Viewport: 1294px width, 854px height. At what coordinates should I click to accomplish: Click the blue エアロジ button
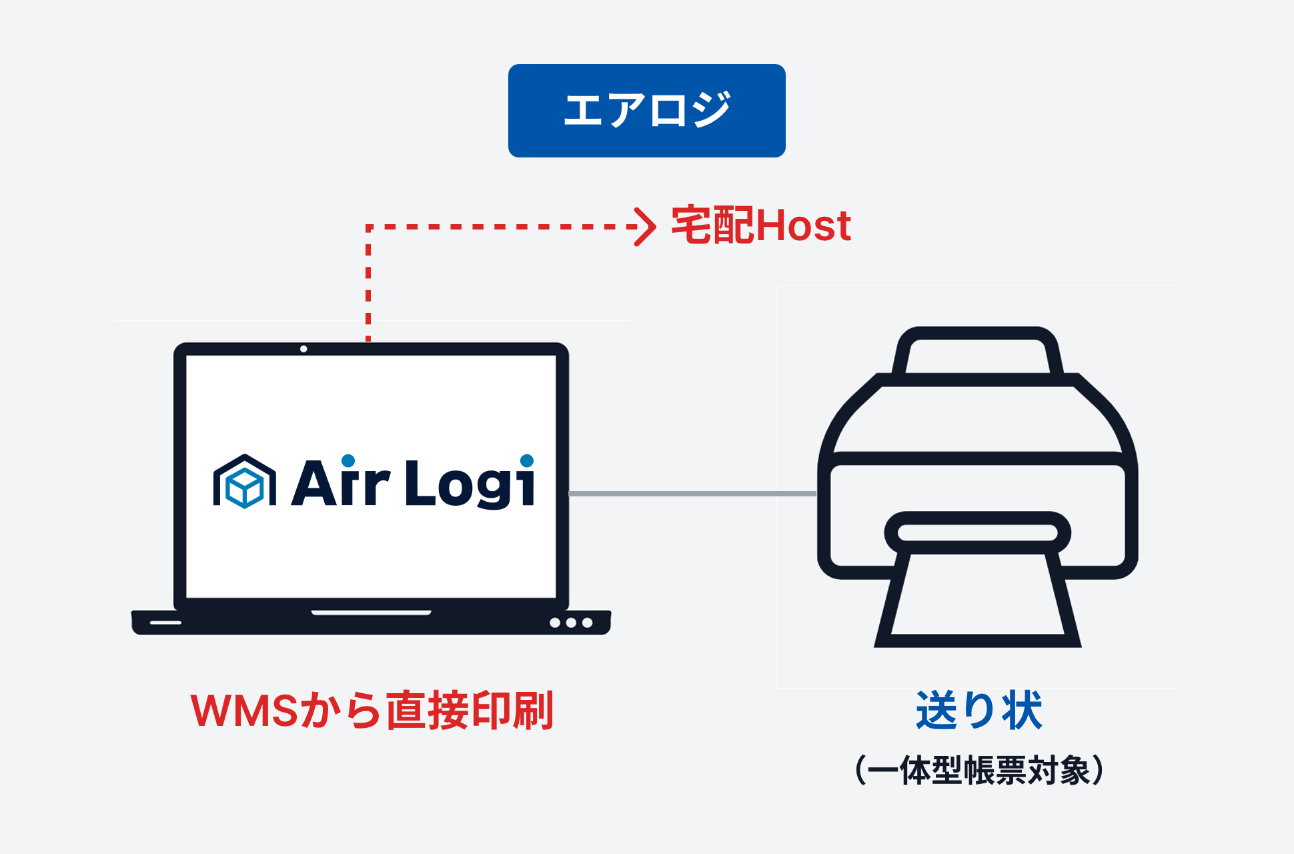coord(646,111)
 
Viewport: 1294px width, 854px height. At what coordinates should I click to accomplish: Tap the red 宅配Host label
coord(761,226)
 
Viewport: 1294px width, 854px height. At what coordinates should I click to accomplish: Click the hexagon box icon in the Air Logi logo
coord(244,482)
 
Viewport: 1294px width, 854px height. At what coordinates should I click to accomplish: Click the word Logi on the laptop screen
coord(470,483)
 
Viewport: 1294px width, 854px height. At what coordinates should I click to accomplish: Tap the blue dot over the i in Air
coord(348,460)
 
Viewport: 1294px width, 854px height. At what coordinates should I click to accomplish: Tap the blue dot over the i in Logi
coord(527,460)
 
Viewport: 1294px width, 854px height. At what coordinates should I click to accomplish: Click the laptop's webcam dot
coord(303,349)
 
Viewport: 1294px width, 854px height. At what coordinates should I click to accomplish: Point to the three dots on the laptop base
coord(571,622)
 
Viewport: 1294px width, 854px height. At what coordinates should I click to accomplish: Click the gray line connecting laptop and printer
coord(692,494)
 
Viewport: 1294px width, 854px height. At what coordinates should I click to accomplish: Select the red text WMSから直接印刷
coord(372,711)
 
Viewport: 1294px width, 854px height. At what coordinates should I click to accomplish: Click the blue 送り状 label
coord(979,711)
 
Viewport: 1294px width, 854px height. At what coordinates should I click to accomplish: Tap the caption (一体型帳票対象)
coord(979,771)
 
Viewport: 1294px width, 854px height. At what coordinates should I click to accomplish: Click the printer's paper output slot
coord(977,532)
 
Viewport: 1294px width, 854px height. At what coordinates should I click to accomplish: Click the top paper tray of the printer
coord(977,354)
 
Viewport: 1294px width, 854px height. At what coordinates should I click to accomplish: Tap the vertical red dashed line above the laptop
coord(368,287)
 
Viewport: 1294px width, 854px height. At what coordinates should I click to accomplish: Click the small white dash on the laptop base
coord(165,622)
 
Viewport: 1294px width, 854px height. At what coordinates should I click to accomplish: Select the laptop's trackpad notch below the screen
coord(371,612)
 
